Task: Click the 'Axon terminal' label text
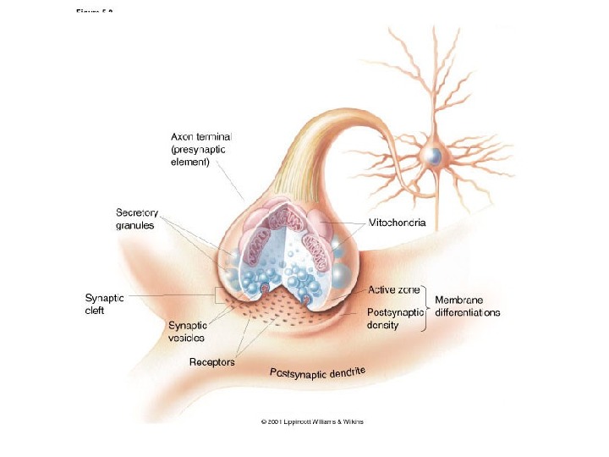coord(201,135)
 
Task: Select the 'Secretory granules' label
coord(137,219)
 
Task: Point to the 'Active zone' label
coord(394,289)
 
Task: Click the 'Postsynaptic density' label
coord(394,318)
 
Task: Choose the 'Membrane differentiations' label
coord(467,306)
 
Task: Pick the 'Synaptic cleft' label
coord(105,304)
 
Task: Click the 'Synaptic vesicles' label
coord(188,331)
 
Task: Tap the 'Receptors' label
coord(211,362)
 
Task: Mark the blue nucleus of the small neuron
coord(433,156)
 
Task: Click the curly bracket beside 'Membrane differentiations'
coord(425,306)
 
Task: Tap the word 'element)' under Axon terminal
coord(190,162)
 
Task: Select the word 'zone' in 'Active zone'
coord(408,289)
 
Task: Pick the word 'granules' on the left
coord(134,226)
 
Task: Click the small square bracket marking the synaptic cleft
coord(219,296)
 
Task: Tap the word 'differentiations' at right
coord(467,312)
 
